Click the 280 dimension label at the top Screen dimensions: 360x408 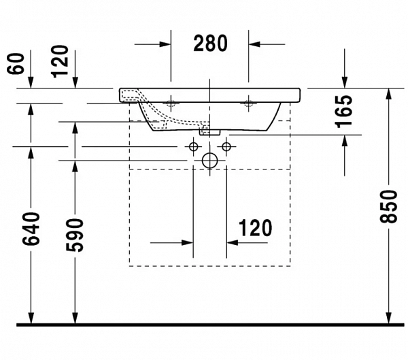209,44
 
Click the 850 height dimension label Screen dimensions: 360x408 388,206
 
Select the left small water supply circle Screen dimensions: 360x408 193,146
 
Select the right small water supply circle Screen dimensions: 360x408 226,146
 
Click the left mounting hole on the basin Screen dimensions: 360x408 170,103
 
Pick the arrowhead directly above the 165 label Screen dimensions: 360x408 345,82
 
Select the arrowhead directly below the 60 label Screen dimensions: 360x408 31,82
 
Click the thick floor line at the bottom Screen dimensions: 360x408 204,324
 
